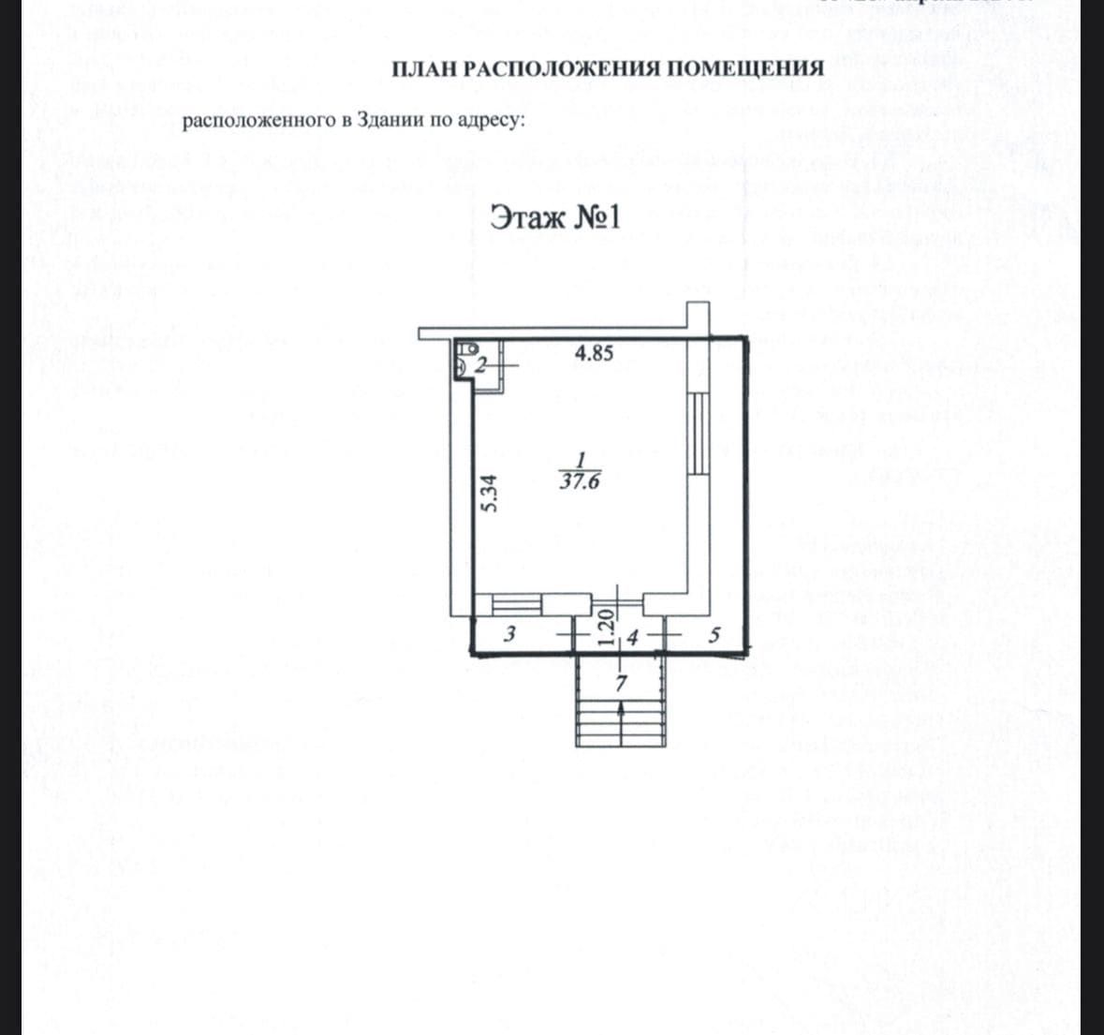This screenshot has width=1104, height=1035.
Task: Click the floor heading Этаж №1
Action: (556, 218)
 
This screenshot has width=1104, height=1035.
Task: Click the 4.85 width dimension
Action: (594, 354)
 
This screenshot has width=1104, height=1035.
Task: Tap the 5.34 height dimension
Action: (489, 494)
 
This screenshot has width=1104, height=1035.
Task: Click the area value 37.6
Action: (580, 482)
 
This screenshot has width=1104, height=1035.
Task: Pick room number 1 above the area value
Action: (581, 462)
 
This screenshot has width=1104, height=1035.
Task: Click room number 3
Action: (509, 634)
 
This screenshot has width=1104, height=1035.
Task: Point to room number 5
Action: (714, 635)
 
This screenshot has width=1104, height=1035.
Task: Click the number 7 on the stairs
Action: (620, 684)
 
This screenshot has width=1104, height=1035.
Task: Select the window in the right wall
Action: (698, 436)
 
